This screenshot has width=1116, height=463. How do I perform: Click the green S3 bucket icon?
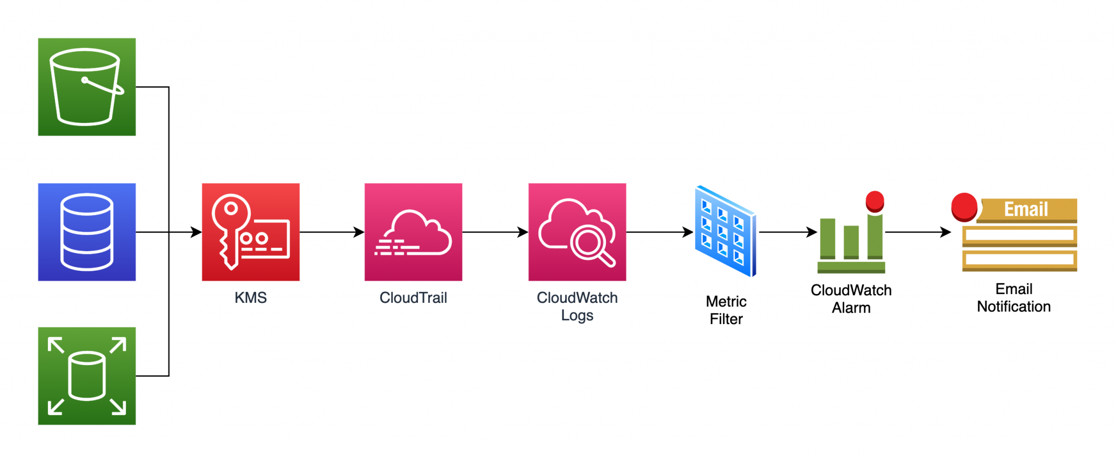click(87, 87)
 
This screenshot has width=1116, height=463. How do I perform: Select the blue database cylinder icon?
click(87, 232)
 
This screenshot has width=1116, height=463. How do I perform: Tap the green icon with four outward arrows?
click(87, 376)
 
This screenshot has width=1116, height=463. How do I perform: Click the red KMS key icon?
click(251, 232)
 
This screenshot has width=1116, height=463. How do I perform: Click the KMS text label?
click(251, 298)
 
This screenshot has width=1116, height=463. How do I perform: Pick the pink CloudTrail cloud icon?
click(413, 232)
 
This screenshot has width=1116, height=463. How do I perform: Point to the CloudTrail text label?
click(413, 298)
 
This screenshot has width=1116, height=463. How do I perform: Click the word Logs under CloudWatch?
click(577, 315)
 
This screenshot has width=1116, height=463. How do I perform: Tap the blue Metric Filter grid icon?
click(725, 231)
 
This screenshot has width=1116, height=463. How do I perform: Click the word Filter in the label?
click(726, 319)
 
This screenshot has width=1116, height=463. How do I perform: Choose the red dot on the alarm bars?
click(875, 200)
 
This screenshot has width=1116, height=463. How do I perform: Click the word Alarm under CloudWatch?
click(851, 308)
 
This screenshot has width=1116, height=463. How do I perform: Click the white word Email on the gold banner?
click(1026, 209)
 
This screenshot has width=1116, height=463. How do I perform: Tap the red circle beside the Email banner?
click(964, 207)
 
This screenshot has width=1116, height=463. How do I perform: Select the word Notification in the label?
click(1014, 307)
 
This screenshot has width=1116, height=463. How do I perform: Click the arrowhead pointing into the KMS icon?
click(196, 232)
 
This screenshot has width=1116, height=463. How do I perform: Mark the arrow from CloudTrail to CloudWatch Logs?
click(495, 232)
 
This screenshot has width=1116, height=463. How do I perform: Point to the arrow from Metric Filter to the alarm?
click(787, 232)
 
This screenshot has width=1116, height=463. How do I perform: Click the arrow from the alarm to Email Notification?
click(918, 232)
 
